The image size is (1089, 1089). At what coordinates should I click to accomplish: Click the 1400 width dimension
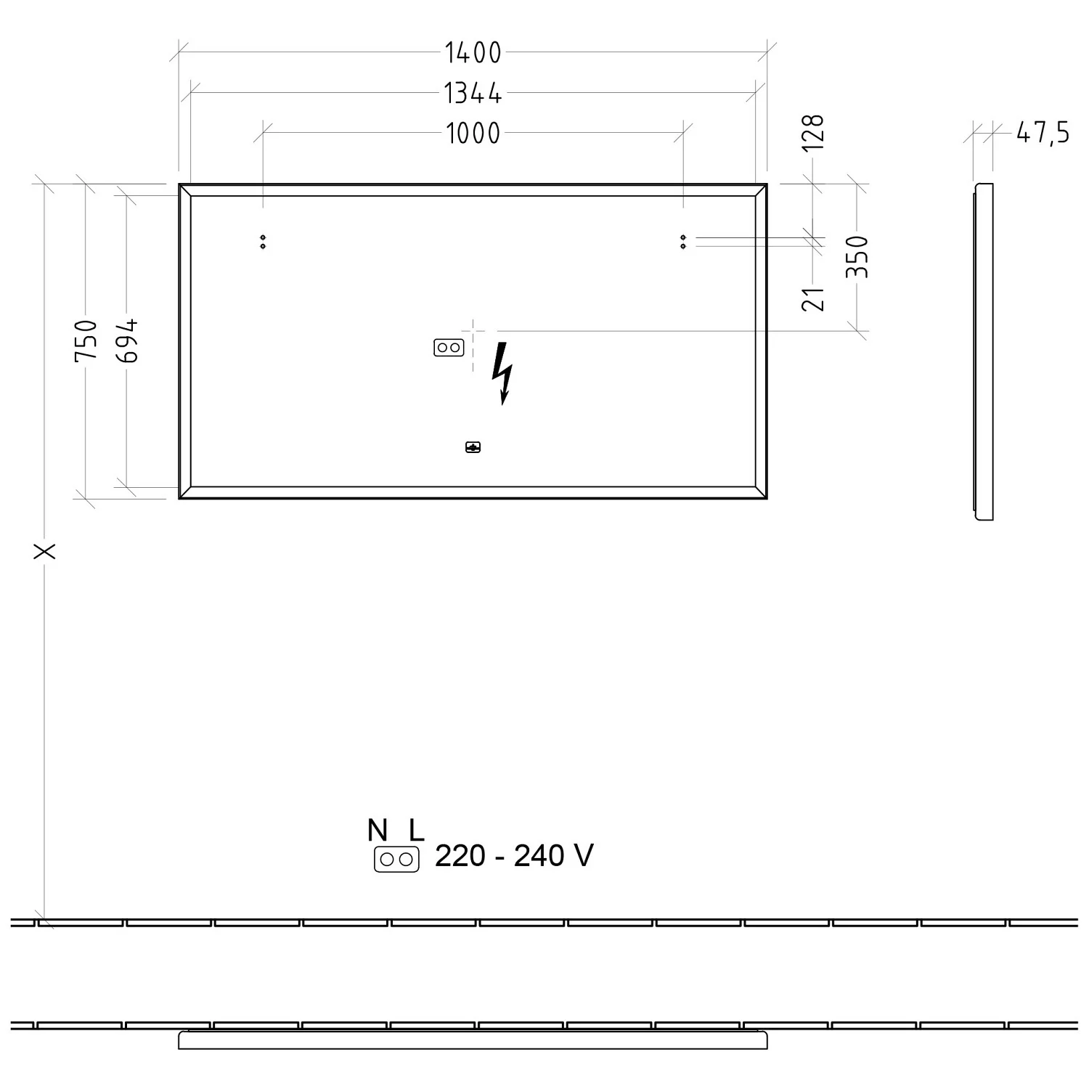click(x=473, y=53)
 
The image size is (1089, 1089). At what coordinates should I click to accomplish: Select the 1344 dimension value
click(x=473, y=94)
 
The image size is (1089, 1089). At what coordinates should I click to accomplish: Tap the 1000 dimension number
click(x=473, y=134)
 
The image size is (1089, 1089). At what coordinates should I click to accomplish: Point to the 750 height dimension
click(x=86, y=340)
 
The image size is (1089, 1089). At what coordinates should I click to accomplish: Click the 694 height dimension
click(x=127, y=340)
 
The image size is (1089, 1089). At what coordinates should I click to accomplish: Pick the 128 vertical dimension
click(x=814, y=132)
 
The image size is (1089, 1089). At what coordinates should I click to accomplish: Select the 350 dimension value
click(x=857, y=256)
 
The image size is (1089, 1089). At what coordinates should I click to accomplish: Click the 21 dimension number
click(x=814, y=298)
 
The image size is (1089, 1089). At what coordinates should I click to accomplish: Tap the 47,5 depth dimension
click(x=1043, y=133)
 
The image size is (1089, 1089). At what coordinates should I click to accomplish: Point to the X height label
click(x=45, y=552)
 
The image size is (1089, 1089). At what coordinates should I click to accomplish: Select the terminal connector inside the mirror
click(x=449, y=348)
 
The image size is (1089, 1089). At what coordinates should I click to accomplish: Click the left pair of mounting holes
click(x=263, y=242)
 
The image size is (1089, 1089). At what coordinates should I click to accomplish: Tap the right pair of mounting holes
click(x=683, y=242)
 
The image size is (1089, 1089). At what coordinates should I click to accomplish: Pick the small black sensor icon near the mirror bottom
click(x=473, y=447)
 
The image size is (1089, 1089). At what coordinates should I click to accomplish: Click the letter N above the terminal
click(x=378, y=830)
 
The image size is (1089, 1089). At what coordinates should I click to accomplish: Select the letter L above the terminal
click(x=415, y=830)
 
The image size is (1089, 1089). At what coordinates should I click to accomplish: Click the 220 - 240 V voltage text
click(x=514, y=856)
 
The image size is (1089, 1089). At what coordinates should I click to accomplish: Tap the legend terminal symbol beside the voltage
click(x=396, y=860)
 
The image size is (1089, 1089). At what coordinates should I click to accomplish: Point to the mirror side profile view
click(x=984, y=352)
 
